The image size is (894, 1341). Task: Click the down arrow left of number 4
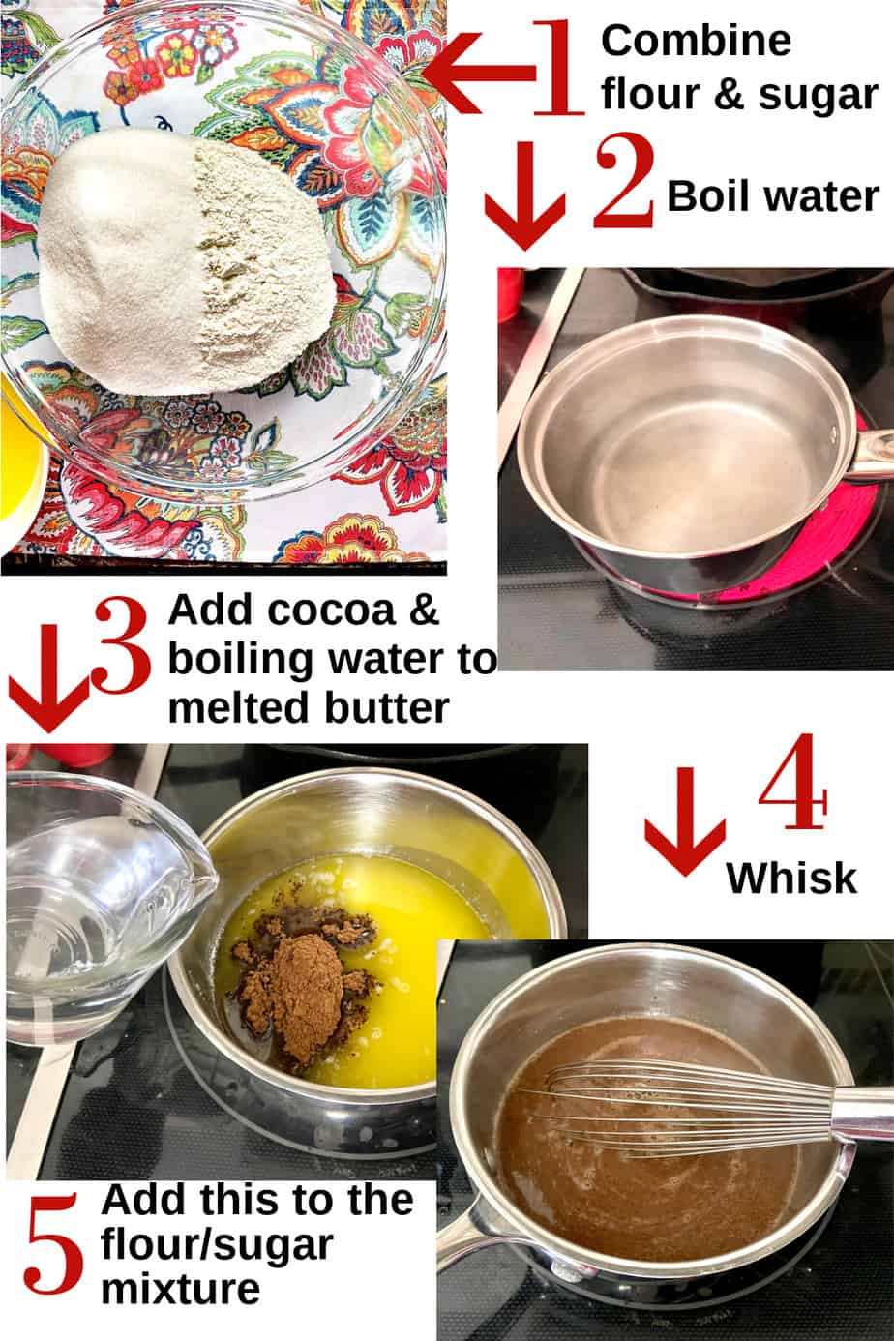pos(685,822)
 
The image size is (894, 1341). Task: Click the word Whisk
pos(791,879)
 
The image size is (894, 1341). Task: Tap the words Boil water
pos(772,196)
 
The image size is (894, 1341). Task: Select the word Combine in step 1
pos(695,42)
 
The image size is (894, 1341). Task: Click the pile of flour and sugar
pos(189,261)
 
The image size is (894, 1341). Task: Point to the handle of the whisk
pos(861,1113)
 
